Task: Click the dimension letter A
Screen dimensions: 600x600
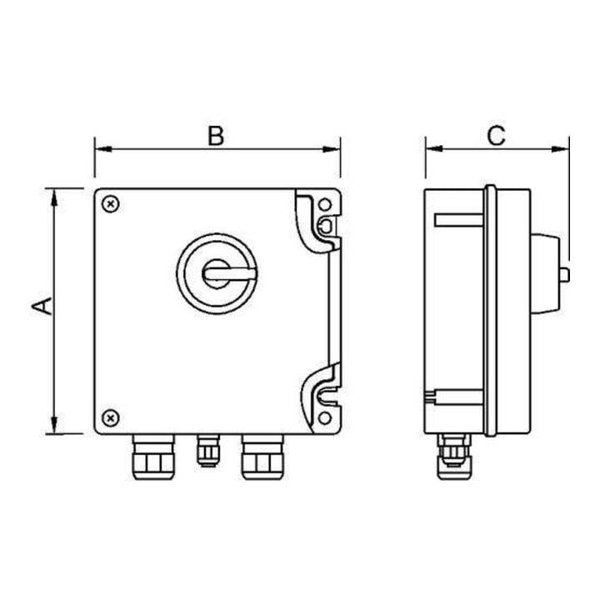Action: pyautogui.click(x=42, y=306)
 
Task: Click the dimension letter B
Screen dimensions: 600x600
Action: pyautogui.click(x=216, y=136)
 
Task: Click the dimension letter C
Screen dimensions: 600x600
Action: pyautogui.click(x=497, y=136)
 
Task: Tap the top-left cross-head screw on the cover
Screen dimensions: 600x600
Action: pyautogui.click(x=111, y=204)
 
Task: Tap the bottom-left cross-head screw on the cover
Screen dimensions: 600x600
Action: pyautogui.click(x=111, y=417)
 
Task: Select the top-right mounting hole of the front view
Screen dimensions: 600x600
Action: pyautogui.click(x=325, y=205)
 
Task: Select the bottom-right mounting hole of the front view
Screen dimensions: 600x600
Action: pyautogui.click(x=325, y=417)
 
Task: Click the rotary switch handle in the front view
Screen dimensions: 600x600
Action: pyautogui.click(x=229, y=273)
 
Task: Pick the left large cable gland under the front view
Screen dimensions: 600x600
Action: pyautogui.click(x=153, y=457)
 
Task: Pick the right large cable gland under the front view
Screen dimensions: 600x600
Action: pyautogui.click(x=262, y=457)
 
